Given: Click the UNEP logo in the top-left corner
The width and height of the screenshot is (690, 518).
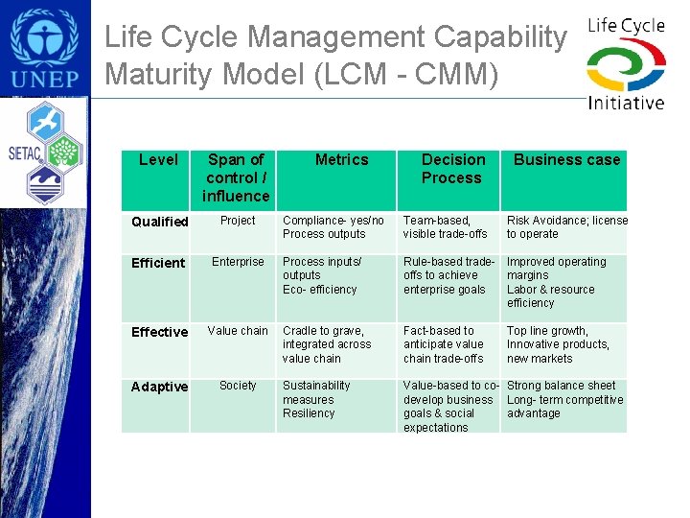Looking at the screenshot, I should pos(45,48).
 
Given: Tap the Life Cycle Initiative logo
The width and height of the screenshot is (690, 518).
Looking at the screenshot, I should pos(626,63).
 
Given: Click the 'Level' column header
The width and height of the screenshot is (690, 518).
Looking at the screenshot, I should pos(158,160).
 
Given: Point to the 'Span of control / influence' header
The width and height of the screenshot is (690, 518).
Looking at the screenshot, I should pos(236,177).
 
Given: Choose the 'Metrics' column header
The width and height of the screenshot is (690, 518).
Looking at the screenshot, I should pos(341,160).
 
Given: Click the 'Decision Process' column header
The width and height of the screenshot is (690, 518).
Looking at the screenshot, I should pos(452,169).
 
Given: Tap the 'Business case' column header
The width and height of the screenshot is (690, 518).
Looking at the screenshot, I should pos(566,160).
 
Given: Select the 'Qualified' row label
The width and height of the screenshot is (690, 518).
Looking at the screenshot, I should pos(159,222).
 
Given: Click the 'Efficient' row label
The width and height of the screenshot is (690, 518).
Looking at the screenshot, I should pos(158,263).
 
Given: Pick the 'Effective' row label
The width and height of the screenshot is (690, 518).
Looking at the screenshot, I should pos(159,332).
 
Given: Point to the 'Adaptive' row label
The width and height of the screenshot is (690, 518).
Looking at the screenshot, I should pos(159,387).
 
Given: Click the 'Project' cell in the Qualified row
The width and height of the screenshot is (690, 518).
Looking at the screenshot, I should pos(238,221).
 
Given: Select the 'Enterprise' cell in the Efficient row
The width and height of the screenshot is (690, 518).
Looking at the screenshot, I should pos(238,262).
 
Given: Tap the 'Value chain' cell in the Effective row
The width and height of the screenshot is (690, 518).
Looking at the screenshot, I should pos(238,331).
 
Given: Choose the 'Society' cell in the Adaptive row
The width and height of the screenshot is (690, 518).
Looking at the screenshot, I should pos(238,386).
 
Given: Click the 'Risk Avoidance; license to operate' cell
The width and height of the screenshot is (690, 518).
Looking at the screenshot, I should pos(566,227).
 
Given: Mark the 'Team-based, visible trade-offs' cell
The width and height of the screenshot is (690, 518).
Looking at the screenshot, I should pos(446,227).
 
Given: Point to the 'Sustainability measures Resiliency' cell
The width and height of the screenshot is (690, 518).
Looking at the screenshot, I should pos(316,399).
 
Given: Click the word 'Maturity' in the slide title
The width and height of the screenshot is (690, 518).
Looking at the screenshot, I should pos(163,73).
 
